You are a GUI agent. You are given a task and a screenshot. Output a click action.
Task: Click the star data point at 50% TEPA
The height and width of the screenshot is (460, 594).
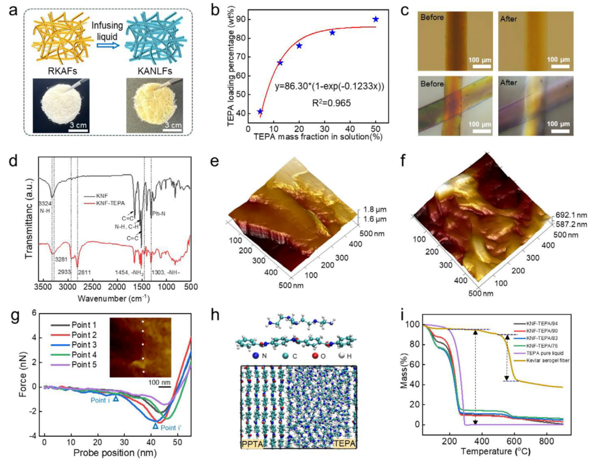(x=376, y=19)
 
